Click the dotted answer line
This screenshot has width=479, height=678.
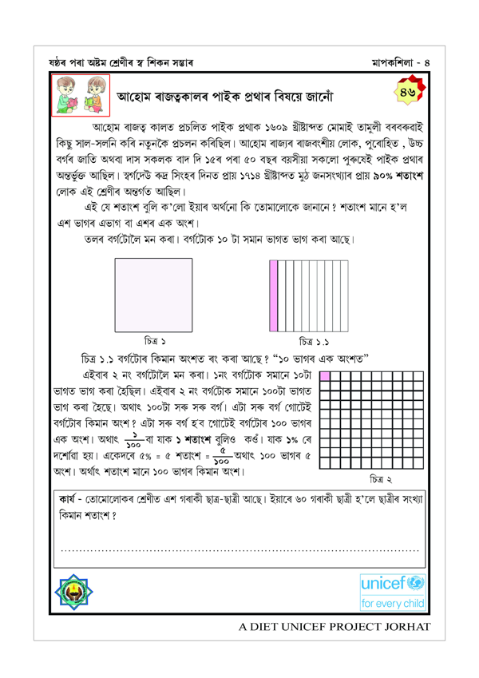click(239, 550)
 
